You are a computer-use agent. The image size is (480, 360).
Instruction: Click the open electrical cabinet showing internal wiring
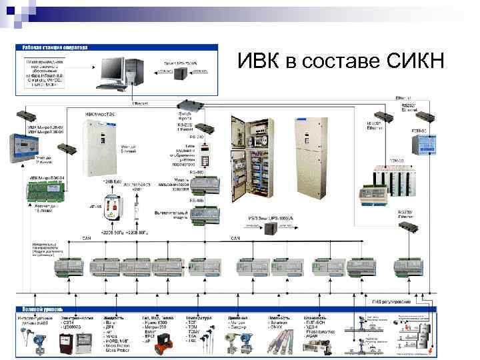[x=251, y=167]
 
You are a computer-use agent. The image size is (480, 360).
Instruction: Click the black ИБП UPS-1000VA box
[x=270, y=229]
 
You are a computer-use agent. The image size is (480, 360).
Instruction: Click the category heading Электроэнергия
[x=75, y=318]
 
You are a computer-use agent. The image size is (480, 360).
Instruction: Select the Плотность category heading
[x=273, y=318]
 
